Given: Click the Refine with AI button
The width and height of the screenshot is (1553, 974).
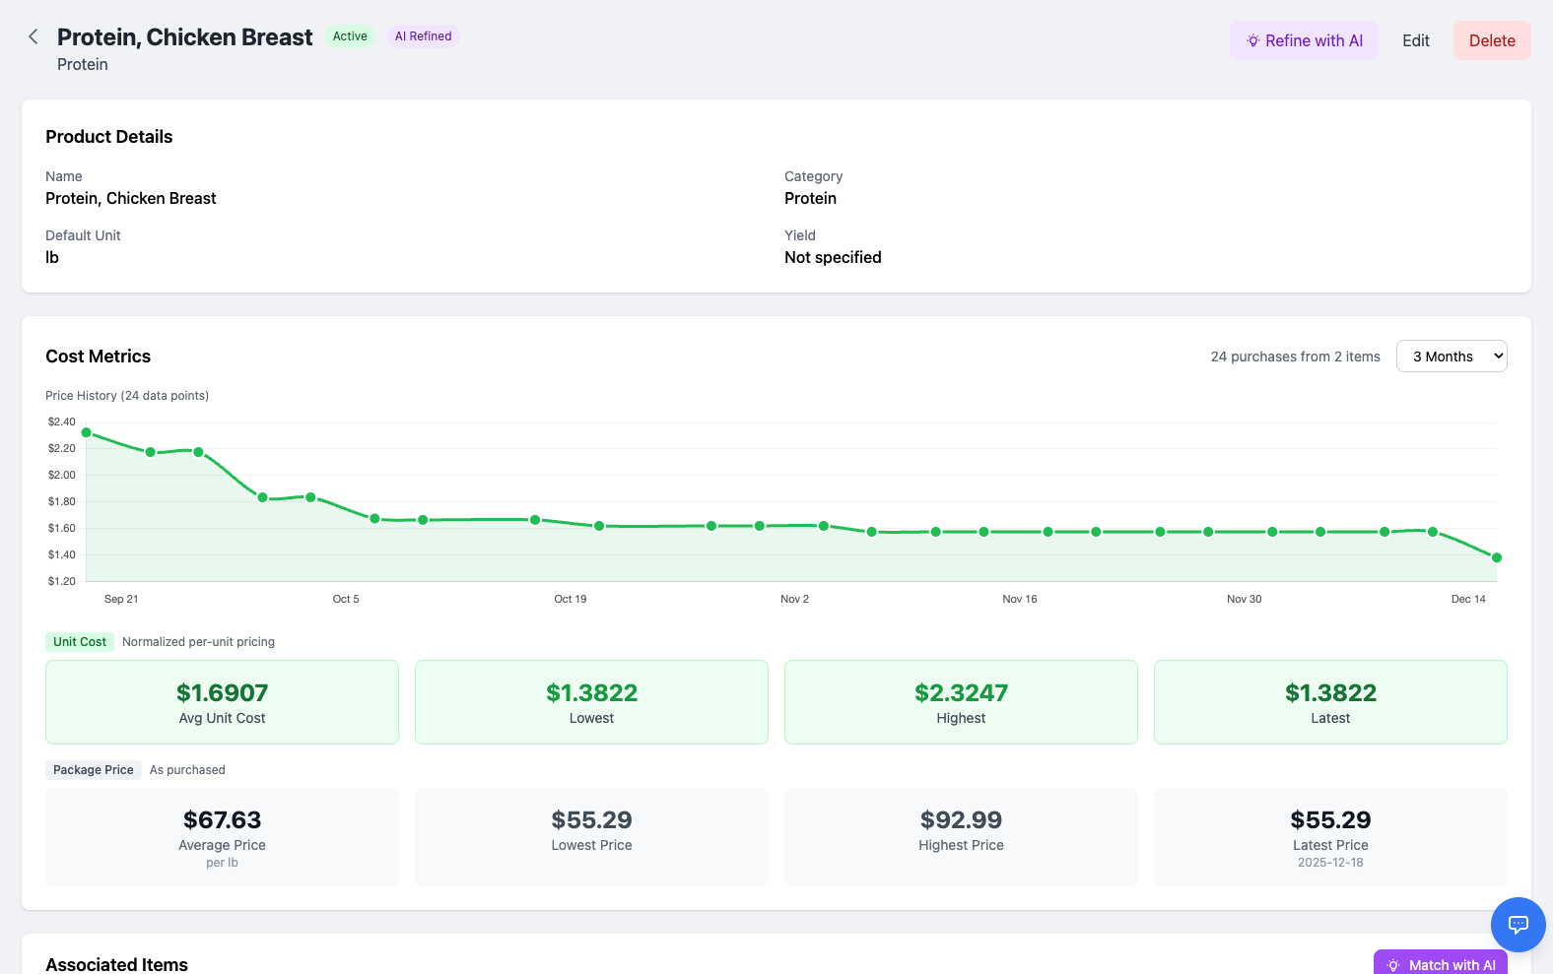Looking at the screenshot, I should coord(1303,40).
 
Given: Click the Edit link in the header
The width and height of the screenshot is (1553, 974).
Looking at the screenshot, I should coord(1415,40).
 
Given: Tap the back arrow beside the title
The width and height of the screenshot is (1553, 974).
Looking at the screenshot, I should coord(34,36).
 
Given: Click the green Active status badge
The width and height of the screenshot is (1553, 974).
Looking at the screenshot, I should coord(350,36).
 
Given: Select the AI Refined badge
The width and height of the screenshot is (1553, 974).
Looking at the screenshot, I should coord(423,36).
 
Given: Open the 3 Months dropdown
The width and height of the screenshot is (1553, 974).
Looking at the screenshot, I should coord(1451,357).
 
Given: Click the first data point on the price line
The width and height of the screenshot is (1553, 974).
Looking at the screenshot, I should coord(87,432).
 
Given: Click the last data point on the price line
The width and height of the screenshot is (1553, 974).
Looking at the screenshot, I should coord(1496,557).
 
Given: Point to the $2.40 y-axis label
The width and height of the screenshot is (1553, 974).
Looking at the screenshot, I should coord(61,422).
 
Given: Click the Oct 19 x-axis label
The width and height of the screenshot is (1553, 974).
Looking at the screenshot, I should coord(570,599).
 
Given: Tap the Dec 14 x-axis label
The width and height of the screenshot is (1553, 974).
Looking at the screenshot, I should coord(1467,599).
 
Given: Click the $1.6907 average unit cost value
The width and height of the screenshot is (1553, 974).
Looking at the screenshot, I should coord(222,692).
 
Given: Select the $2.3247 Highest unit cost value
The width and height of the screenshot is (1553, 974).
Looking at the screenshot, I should coord(961,692).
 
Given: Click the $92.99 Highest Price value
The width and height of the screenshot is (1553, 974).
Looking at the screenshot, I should coord(961,819).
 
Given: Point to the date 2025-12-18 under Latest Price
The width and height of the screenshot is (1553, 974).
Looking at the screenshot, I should coord(1330,863).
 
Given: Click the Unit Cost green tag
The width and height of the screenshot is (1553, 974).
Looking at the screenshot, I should coord(80,642).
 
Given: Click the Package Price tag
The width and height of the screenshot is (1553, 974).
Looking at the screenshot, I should coord(94,770).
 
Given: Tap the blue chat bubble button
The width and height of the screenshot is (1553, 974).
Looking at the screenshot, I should coord(1518,924).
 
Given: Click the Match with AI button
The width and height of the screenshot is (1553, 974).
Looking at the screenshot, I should coord(1440,963).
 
